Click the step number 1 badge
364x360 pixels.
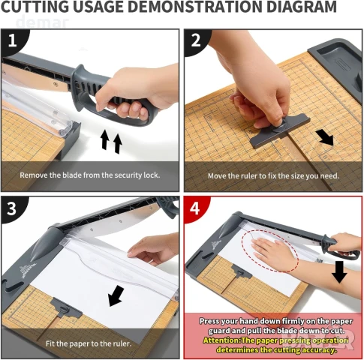click(x=13, y=40)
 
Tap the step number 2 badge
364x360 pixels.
click(x=196, y=40)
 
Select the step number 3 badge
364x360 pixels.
click(x=12, y=208)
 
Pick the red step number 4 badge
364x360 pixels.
click(x=195, y=208)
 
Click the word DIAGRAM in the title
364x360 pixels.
click(x=302, y=7)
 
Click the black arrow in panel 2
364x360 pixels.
click(x=325, y=137)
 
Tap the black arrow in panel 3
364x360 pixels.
click(x=116, y=296)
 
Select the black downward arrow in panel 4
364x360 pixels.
click(x=339, y=272)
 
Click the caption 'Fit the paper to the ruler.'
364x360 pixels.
click(x=89, y=343)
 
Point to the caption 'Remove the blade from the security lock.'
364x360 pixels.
click(x=90, y=175)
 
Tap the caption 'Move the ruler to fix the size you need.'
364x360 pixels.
click(x=273, y=176)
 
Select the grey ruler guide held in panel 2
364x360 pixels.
click(x=279, y=131)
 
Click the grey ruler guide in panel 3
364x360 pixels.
click(x=65, y=308)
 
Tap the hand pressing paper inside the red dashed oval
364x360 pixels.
click(x=272, y=251)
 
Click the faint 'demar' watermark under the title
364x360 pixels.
click(x=42, y=22)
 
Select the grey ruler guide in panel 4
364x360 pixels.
click(x=242, y=271)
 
